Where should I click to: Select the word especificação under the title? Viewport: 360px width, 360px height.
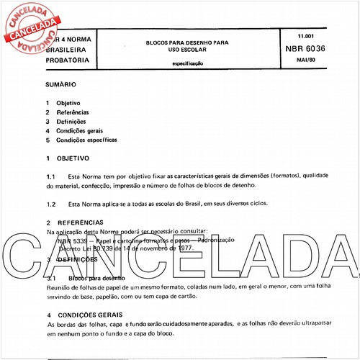tap(187, 63)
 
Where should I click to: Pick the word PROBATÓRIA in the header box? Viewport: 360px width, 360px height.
tap(69, 60)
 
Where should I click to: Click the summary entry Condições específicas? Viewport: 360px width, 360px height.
tap(86, 140)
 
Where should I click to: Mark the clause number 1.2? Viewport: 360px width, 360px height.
tap(51, 204)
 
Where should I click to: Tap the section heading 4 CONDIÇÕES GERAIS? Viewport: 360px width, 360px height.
tap(84, 315)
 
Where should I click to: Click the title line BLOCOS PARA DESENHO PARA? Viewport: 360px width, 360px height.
tap(186, 42)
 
